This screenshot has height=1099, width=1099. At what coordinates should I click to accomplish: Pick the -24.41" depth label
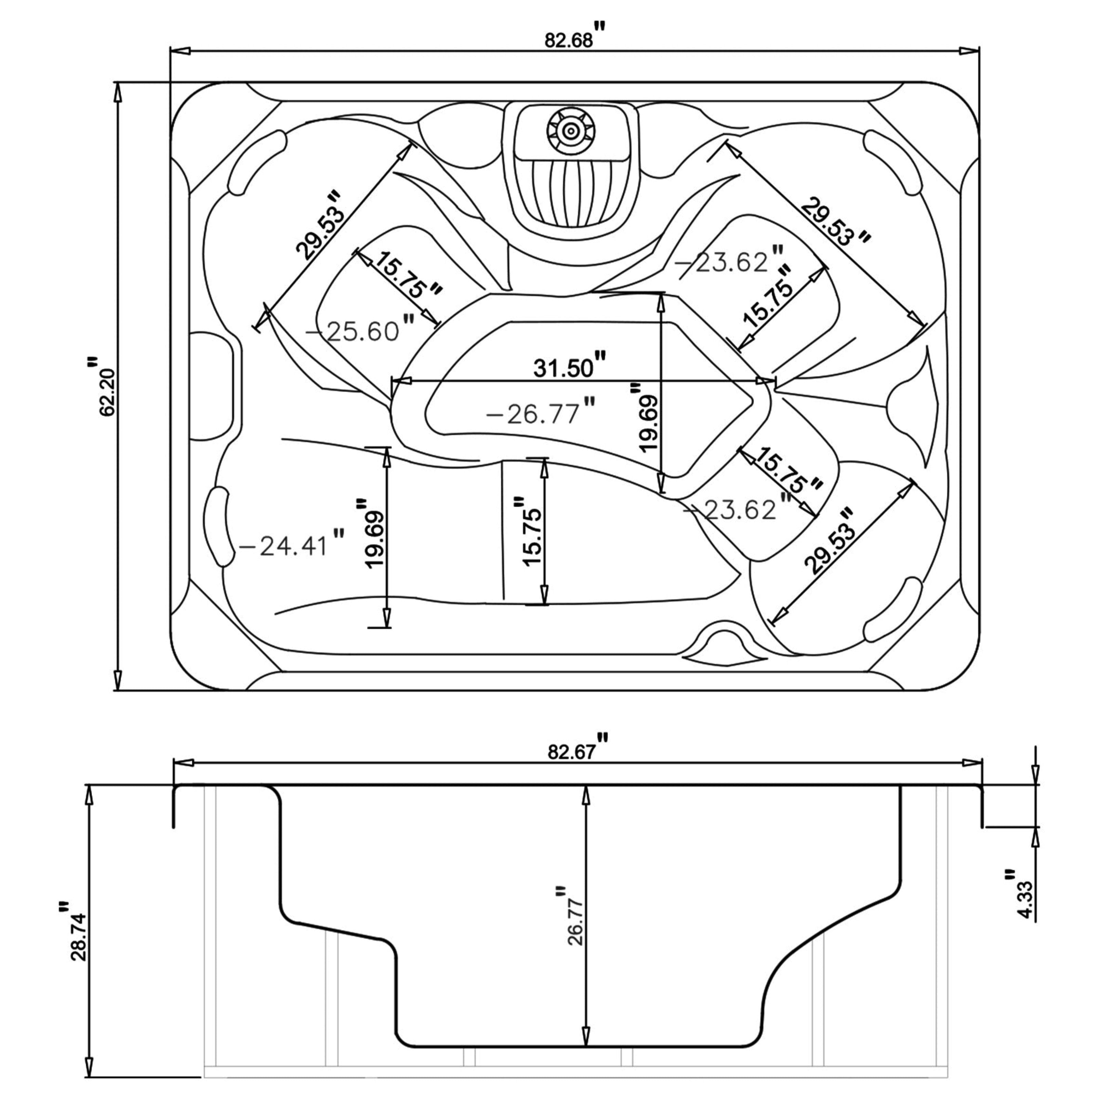point(290,546)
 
